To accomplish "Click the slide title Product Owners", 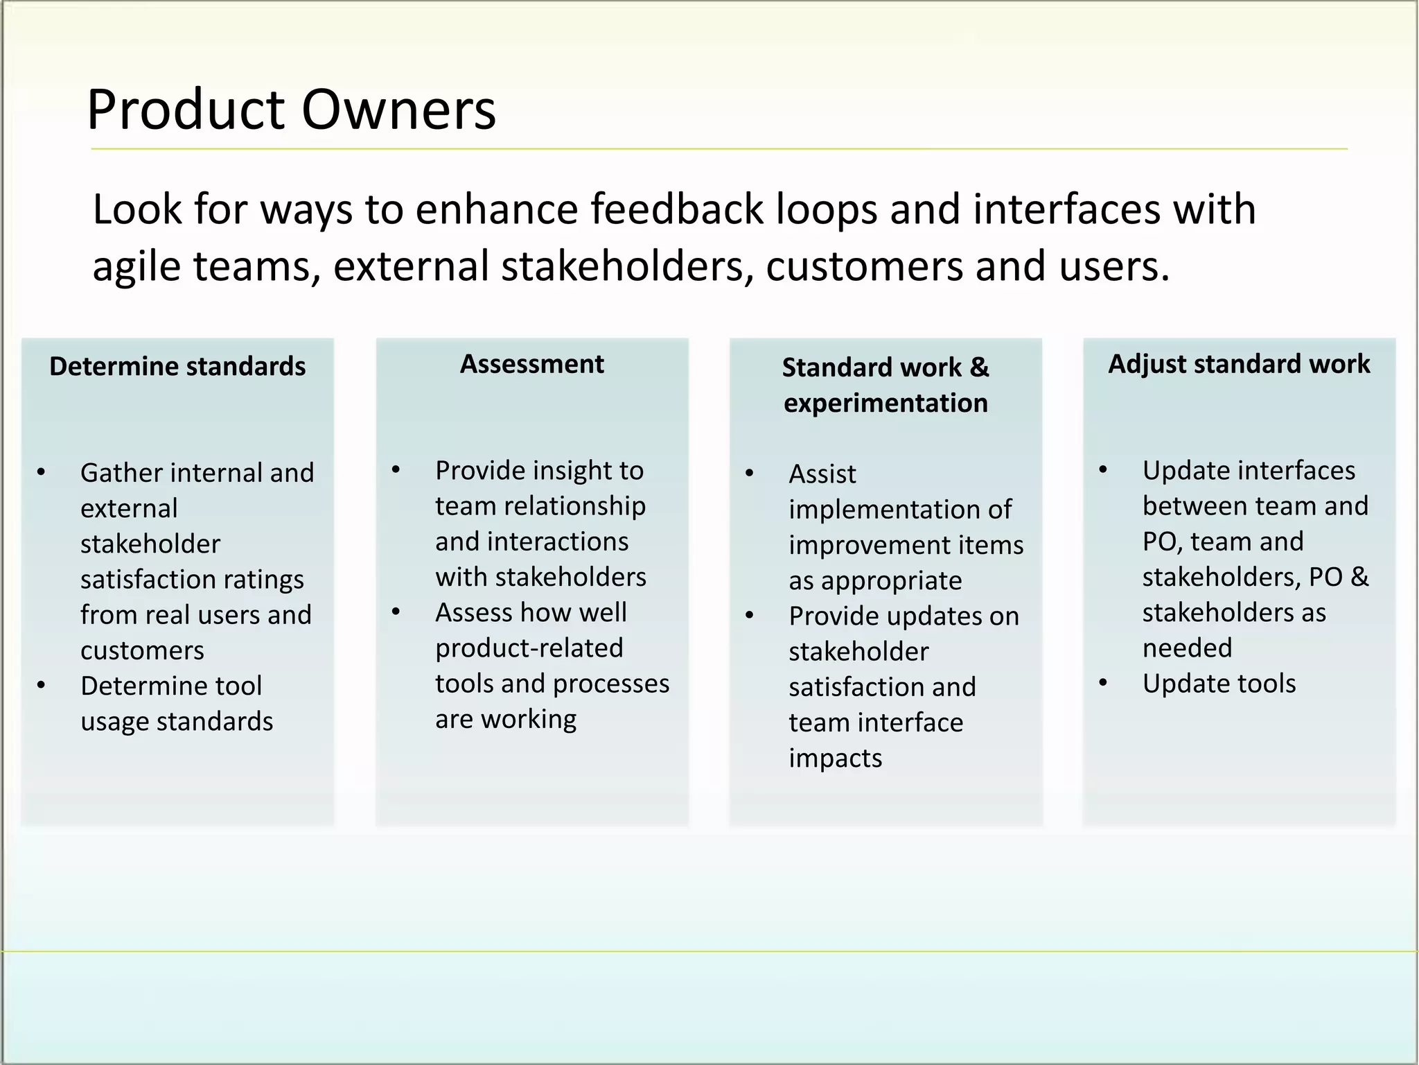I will (291, 110).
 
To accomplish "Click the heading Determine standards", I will (177, 366).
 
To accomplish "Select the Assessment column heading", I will (531, 364).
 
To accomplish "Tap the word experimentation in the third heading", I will (885, 403).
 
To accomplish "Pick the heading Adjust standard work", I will (1239, 364).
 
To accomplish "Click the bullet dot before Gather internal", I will (42, 473).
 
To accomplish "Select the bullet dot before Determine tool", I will (42, 686).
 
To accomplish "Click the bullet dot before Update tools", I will (1103, 684).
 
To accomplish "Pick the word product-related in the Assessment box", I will (529, 648).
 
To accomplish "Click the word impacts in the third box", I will (835, 759).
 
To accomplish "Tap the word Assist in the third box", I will (822, 474).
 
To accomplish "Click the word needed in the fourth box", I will (1187, 648).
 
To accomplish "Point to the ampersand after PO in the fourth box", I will (1359, 577).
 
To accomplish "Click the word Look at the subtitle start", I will (136, 209).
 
